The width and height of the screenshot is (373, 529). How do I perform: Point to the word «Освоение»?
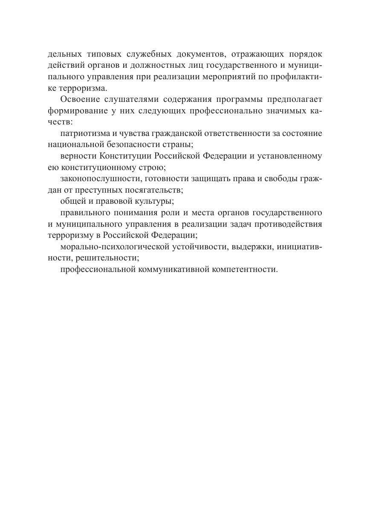click(79, 100)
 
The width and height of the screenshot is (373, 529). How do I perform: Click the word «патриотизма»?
click(82, 133)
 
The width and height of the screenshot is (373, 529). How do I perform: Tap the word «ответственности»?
click(242, 133)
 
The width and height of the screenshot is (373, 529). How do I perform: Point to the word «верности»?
click(76, 156)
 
